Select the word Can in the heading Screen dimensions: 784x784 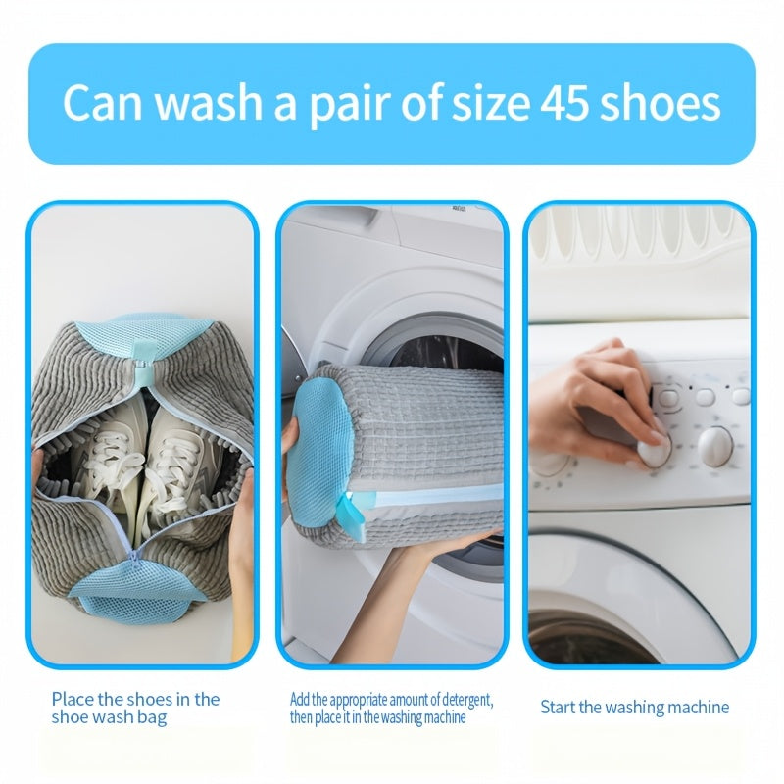(x=104, y=103)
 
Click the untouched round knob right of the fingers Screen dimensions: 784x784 (x=715, y=446)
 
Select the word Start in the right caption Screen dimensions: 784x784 (x=558, y=707)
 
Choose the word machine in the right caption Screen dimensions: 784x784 (x=696, y=707)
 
